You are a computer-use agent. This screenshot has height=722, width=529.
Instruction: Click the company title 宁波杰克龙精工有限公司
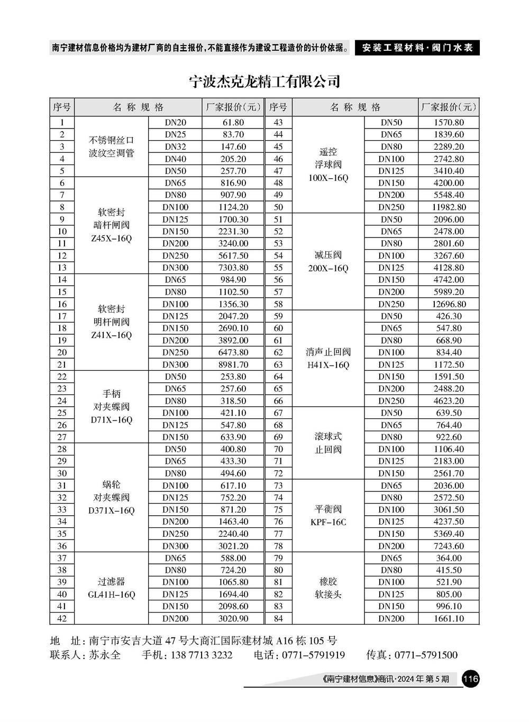(x=264, y=82)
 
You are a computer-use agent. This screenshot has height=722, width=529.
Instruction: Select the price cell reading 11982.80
(x=449, y=207)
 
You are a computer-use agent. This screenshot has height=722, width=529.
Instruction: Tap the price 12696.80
(x=449, y=304)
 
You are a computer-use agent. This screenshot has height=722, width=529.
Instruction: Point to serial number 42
(x=62, y=618)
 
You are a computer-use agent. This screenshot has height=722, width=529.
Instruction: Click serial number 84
(x=278, y=618)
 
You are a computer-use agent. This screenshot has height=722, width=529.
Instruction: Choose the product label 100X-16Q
(x=328, y=178)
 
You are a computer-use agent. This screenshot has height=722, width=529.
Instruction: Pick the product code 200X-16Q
(x=328, y=268)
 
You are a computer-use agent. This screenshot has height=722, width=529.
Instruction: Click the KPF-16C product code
(x=328, y=522)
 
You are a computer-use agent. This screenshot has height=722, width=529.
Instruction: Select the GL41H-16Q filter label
(x=111, y=595)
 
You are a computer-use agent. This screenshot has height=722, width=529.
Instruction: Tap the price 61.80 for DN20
(x=233, y=122)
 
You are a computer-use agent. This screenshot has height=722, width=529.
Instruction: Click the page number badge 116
(x=470, y=679)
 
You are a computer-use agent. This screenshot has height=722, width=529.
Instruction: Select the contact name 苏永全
(x=104, y=655)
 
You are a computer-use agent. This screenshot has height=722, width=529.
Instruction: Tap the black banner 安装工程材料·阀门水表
(x=417, y=48)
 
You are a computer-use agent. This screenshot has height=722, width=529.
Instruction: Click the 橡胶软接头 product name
(x=328, y=588)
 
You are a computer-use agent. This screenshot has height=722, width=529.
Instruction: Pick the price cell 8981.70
(x=233, y=364)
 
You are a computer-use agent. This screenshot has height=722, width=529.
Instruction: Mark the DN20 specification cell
(x=175, y=122)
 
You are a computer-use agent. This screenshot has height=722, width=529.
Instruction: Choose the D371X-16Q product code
(x=111, y=510)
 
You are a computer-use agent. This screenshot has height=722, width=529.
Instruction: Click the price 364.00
(x=449, y=558)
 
